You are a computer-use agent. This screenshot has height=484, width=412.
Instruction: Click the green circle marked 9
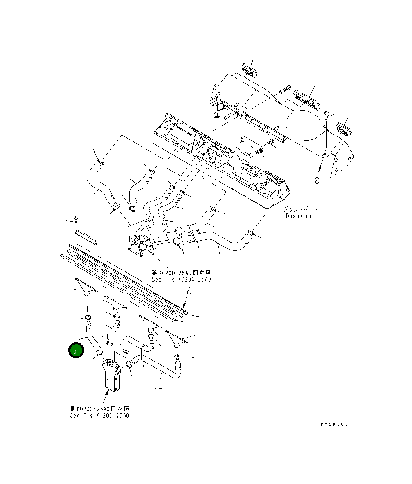(76, 350)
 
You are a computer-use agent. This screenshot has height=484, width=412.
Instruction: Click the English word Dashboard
(300, 216)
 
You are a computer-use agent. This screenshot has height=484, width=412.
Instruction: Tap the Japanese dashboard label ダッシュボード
(300, 209)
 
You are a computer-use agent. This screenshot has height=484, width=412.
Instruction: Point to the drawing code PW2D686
(334, 424)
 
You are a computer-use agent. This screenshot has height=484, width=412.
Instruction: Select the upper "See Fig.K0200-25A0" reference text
(181, 280)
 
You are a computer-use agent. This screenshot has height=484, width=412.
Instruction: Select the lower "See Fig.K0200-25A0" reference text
(99, 415)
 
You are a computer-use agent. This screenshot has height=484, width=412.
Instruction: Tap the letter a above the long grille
(189, 290)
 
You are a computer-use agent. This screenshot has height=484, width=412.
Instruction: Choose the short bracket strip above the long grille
(87, 237)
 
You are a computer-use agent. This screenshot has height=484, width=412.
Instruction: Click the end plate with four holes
(342, 159)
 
